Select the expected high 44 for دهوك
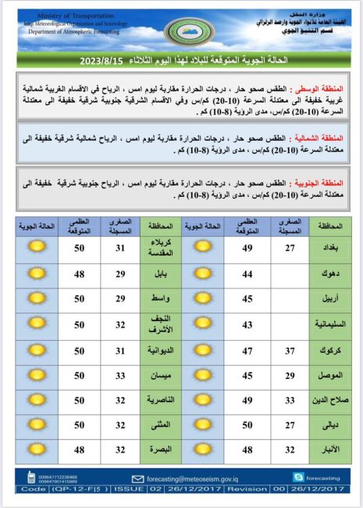[247, 274]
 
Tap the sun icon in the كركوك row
[202, 350]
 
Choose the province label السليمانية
[328, 324]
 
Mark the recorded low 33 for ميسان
[121, 375]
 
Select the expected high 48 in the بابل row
[80, 274]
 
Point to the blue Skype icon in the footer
[297, 477]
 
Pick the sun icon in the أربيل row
[202, 299]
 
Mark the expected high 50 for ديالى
[247, 426]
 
